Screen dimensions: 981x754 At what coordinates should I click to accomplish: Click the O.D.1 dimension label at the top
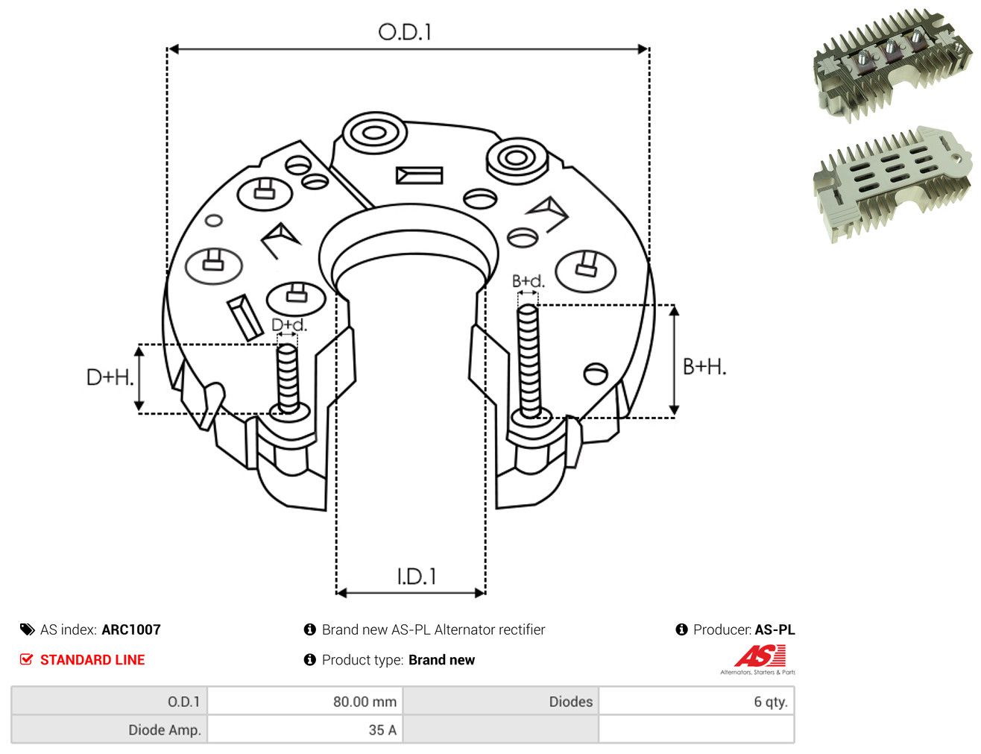[405, 32]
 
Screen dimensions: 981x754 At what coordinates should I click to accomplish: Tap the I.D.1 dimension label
[416, 577]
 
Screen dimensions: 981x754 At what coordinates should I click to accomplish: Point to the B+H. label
[704, 367]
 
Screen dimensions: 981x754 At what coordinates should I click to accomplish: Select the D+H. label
[110, 377]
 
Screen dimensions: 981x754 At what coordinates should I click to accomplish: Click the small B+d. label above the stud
[529, 281]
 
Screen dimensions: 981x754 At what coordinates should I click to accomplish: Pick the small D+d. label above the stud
[289, 324]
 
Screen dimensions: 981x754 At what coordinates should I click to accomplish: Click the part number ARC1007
[131, 629]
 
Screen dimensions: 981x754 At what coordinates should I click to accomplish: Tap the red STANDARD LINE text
[92, 659]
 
